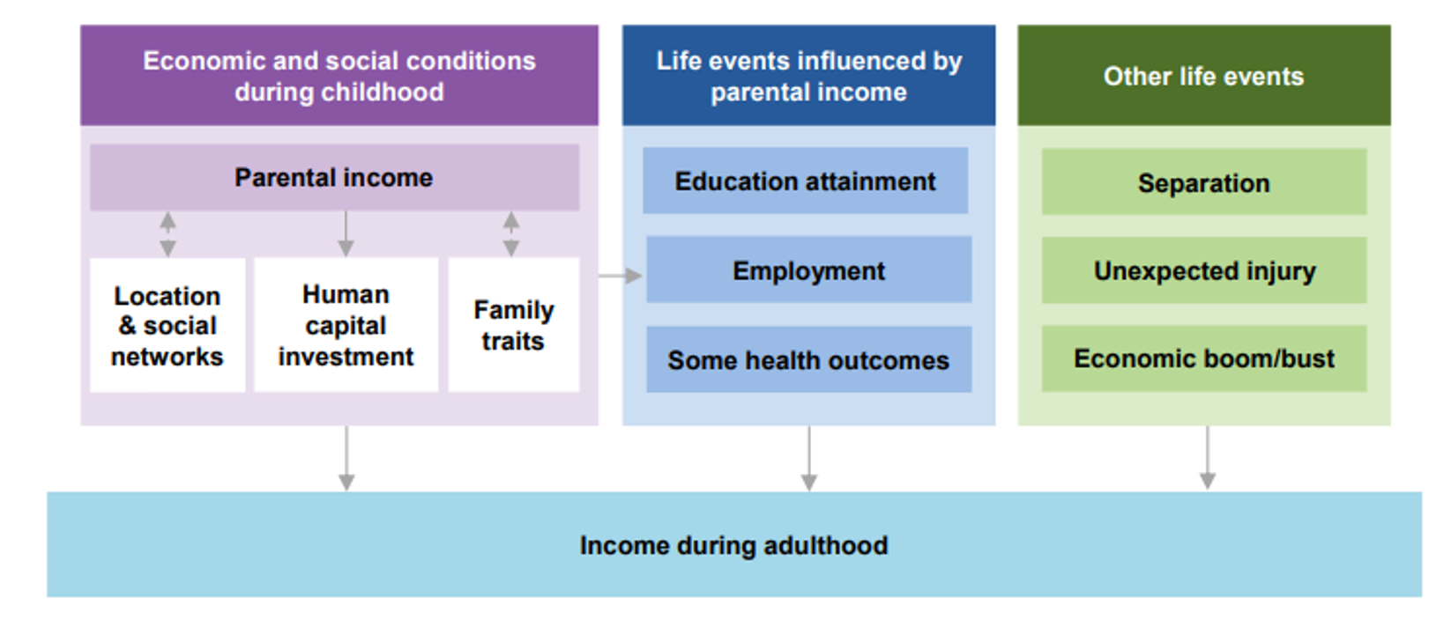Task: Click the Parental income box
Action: tap(334, 177)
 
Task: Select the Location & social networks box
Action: tap(167, 325)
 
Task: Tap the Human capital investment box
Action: tap(346, 325)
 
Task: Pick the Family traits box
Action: tap(513, 325)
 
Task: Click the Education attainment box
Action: tap(805, 181)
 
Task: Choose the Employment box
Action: tap(808, 270)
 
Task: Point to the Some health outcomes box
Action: tap(808, 359)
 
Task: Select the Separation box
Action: tap(1203, 182)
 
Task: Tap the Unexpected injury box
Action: tap(1203, 270)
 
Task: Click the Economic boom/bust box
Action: tap(1203, 358)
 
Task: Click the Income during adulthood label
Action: tap(733, 545)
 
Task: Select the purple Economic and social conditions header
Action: tap(339, 76)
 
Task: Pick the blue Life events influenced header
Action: tap(808, 76)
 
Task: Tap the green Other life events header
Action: tap(1203, 76)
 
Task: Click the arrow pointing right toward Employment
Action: tap(621, 276)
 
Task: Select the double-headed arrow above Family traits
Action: tap(511, 233)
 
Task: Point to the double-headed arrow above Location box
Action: tap(167, 233)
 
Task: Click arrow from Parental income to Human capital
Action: tap(346, 233)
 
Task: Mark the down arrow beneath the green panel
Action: tap(1208, 458)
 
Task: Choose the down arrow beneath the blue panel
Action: tap(808, 459)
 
